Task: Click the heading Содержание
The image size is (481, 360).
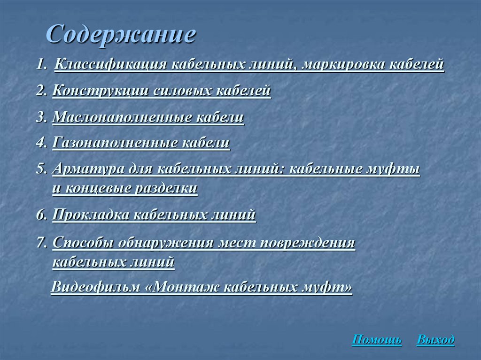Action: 120,35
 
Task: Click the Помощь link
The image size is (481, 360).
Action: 377,339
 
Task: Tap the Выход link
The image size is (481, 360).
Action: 435,339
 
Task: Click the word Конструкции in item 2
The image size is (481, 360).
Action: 100,91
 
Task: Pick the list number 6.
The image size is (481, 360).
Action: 42,215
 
